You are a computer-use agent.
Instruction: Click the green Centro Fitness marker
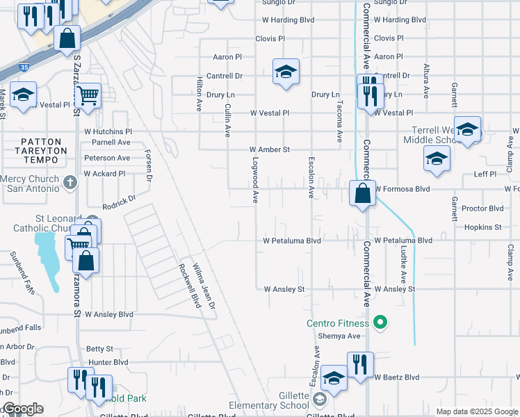tap(380, 322)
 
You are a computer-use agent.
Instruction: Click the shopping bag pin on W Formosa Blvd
tap(362, 194)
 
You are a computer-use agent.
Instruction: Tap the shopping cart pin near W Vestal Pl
tap(88, 95)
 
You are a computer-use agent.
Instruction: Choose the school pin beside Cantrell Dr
tap(286, 73)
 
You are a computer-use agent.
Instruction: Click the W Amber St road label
tap(269, 149)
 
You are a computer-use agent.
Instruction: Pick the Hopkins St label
tap(482, 227)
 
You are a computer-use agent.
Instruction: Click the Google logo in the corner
tap(22, 409)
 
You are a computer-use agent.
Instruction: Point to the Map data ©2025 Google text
tap(476, 411)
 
